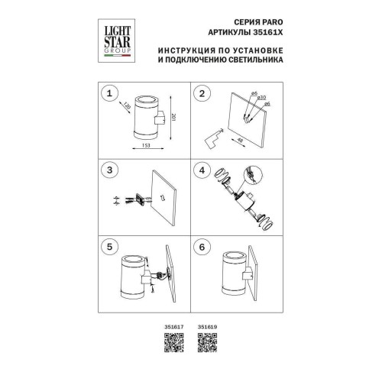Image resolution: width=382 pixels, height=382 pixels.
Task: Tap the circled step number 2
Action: (202, 94)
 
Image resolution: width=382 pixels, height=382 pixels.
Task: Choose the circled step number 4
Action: (202, 170)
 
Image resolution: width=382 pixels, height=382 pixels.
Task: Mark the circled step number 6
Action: (202, 248)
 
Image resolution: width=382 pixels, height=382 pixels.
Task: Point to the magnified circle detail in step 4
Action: (249, 177)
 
